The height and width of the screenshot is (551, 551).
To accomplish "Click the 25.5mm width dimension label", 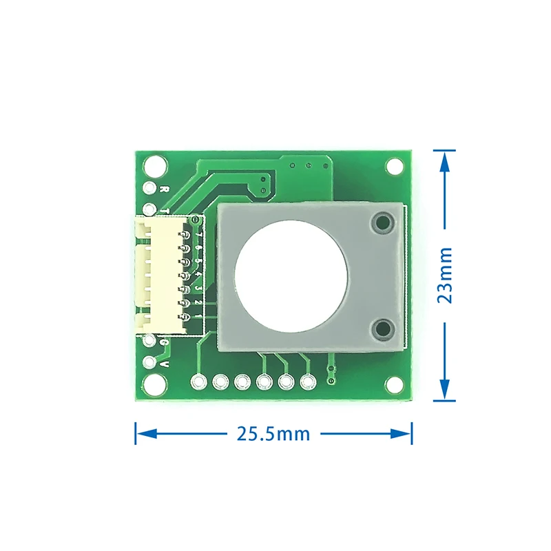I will click(x=273, y=434).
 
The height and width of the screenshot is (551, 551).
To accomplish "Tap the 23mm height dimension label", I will click(x=446, y=275).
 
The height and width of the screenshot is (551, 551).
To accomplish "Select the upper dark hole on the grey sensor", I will click(x=381, y=222).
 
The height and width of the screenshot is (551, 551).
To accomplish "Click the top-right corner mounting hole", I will click(x=395, y=166).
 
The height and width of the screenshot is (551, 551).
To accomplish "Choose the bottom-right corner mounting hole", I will click(x=395, y=384).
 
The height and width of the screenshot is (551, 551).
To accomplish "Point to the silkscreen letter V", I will click(x=165, y=363).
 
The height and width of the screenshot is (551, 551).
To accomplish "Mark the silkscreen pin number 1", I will click(x=198, y=315).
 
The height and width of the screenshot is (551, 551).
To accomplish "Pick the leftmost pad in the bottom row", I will click(x=200, y=380).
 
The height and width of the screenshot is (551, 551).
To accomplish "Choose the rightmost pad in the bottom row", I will click(x=307, y=380).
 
